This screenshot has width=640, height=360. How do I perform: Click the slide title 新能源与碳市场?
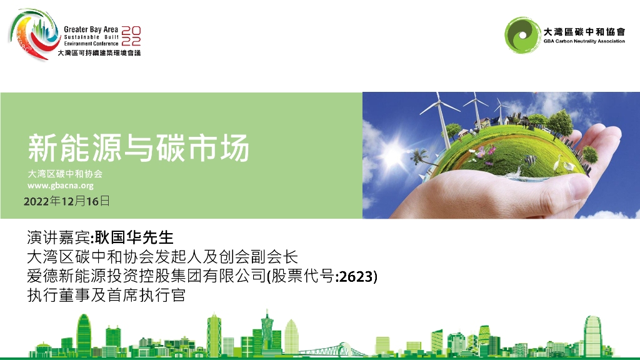(139, 148)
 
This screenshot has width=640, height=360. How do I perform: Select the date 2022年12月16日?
(66, 201)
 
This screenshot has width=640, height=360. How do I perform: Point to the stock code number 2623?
(357, 276)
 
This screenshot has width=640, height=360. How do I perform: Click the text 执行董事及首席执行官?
(106, 295)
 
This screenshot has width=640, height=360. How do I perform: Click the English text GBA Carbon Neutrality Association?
(584, 41)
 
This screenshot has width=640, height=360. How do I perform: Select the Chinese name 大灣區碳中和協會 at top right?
(584, 31)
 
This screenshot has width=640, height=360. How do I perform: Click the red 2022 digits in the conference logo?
(131, 36)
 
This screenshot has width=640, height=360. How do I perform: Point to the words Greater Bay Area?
(91, 29)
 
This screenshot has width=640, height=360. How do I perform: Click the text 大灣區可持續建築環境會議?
(99, 53)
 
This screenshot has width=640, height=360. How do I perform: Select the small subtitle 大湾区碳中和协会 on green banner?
(65, 174)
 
